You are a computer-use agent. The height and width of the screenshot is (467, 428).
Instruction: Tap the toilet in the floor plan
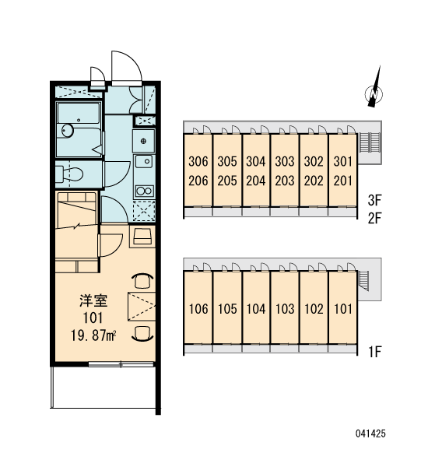[x=69, y=174]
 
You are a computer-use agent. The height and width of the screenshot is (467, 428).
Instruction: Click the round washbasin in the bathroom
[x=68, y=131]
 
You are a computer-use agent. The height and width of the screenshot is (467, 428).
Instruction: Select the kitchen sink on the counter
[x=144, y=162]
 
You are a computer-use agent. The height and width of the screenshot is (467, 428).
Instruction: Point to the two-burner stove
[x=144, y=191]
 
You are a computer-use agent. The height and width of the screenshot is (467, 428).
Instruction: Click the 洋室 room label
[x=93, y=300]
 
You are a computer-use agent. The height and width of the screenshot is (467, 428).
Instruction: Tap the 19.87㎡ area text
[x=93, y=335]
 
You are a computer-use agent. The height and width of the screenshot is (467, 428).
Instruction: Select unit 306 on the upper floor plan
[x=198, y=161]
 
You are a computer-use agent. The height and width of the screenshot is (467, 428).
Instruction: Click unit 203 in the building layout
[x=285, y=181]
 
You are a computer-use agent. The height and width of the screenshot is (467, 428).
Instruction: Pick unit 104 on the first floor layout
[x=256, y=309]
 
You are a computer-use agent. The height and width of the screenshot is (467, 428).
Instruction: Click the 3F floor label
[x=374, y=200]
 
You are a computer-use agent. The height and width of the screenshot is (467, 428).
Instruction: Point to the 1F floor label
[x=375, y=352]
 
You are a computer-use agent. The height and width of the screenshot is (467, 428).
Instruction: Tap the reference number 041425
[x=370, y=433]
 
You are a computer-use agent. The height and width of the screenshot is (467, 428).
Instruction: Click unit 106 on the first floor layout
[x=198, y=309]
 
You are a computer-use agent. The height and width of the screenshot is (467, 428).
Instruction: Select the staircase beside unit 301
[x=370, y=142]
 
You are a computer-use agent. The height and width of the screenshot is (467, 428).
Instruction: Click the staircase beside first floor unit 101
[x=363, y=280]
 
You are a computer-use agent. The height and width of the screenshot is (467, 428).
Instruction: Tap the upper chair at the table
[x=142, y=281]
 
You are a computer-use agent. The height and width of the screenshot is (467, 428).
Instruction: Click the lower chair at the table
[x=142, y=333]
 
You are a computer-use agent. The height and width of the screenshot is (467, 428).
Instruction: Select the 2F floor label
[x=374, y=218]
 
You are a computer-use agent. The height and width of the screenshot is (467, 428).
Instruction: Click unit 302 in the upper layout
[x=314, y=161]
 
